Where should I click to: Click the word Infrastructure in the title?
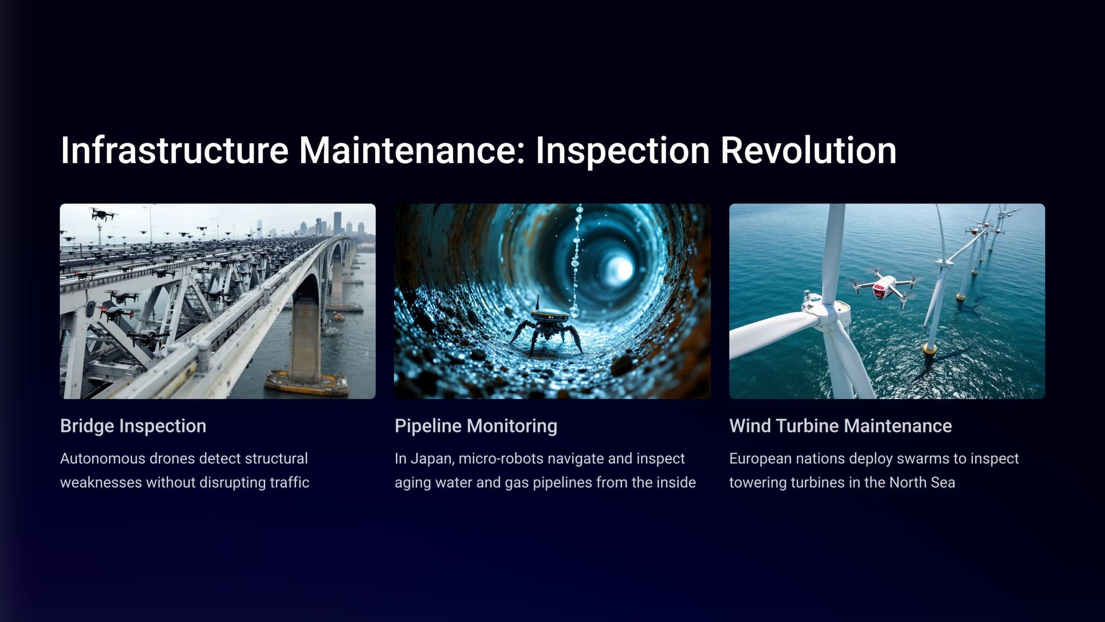[175, 150]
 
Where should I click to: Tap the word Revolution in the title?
[808, 150]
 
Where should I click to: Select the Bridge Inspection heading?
[133, 426]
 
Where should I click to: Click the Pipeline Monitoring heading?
[476, 426]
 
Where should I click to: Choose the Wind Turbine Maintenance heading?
[840, 426]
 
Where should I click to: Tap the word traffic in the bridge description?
[290, 482]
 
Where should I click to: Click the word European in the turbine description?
[760, 459]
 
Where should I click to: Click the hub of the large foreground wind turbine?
[825, 314]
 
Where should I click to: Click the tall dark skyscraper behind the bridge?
[337, 223]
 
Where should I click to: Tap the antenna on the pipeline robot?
[537, 303]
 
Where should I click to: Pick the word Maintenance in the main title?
[412, 150]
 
